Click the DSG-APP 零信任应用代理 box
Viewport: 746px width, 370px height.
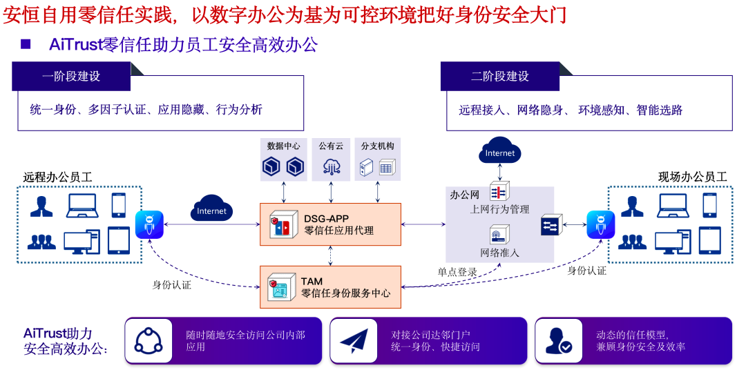tap(330, 224)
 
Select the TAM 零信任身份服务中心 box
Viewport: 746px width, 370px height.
tap(330, 287)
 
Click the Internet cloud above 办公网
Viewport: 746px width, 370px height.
tap(500, 153)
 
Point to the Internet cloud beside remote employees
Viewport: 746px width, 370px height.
tap(211, 211)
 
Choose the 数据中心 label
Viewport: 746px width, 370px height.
tap(283, 146)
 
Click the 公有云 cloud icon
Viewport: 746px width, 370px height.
tap(330, 166)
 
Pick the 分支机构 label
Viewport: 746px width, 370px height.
tap(377, 146)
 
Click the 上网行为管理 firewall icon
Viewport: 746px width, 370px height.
tap(499, 192)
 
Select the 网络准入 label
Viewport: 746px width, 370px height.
tap(499, 253)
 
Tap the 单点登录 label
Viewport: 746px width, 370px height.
tap(457, 272)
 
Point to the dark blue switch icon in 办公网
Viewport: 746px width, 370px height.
tap(551, 224)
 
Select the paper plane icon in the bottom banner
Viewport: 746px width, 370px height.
tap(357, 340)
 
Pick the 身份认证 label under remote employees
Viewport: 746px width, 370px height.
tap(171, 284)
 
